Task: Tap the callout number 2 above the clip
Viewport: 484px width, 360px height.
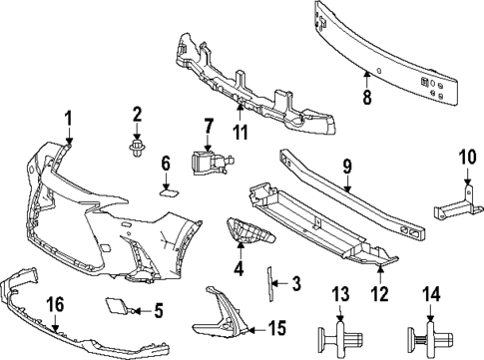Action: pyautogui.click(x=138, y=117)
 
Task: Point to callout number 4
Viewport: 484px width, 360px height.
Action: pyautogui.click(x=238, y=266)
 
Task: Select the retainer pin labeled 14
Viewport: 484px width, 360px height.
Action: pyautogui.click(x=429, y=336)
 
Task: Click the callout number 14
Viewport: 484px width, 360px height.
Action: pyautogui.click(x=430, y=294)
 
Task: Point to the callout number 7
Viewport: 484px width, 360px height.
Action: pyautogui.click(x=209, y=126)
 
